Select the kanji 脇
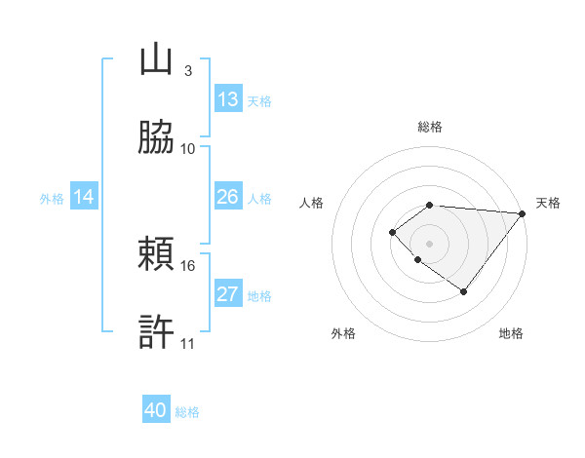pos(157,137)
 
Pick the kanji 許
pos(157,332)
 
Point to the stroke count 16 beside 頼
pos(188,265)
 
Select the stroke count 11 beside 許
pos(188,343)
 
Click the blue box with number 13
pos(228,99)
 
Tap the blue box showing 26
pos(228,197)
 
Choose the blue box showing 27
pos(228,294)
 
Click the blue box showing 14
pos(84,197)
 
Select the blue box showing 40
pos(156,410)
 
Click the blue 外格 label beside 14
pos(52,198)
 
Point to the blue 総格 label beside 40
pos(187,411)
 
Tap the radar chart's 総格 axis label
pos(429,127)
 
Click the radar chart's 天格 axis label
pos(549,203)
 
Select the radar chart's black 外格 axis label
pos(343,333)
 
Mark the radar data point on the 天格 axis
pos(523,213)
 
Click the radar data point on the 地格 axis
pos(463,291)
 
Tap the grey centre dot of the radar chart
pos(429,243)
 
